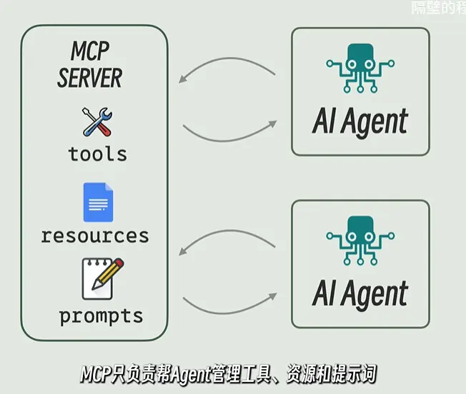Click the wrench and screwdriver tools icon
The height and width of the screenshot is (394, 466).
pos(98,122)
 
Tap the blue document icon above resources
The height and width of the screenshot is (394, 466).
pos(98,202)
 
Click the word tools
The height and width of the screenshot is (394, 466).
pos(97,153)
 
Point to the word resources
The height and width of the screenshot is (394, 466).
pos(94,235)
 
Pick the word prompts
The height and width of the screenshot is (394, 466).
pos(101,315)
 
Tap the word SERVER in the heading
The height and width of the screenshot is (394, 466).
pos(90,76)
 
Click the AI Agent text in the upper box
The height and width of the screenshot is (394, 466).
pos(360,121)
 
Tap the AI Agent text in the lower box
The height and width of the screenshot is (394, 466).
pos(360,294)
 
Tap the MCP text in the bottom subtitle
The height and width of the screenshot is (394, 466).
pos(94,374)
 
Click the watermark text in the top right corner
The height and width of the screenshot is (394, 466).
pos(438,9)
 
